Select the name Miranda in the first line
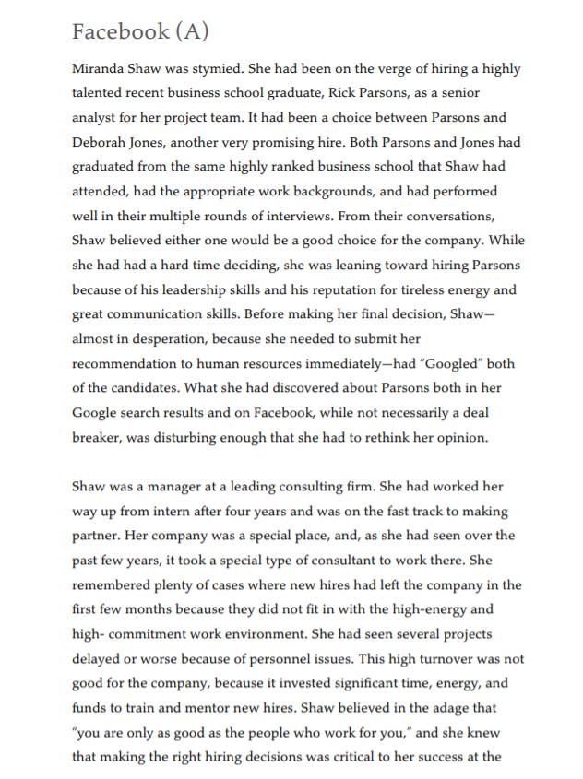coord(100,69)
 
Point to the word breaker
coord(98,437)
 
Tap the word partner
coord(97,535)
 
